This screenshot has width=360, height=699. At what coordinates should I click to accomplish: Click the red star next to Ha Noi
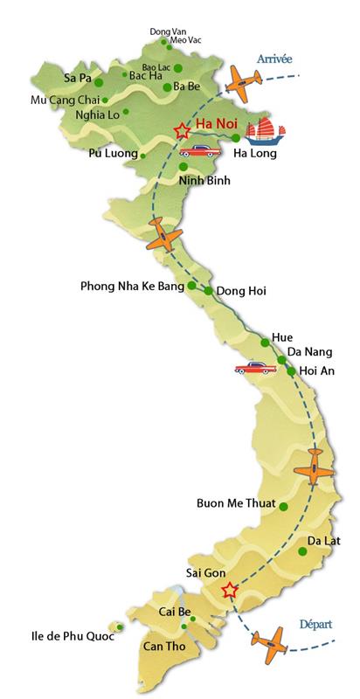pos(182,130)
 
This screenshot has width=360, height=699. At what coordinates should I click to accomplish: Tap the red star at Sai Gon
pos(229,591)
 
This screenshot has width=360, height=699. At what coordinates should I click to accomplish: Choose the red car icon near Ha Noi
pos(200,149)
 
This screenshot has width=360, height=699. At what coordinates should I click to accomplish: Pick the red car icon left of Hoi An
pos(253,367)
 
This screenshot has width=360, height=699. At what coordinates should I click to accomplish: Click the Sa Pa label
pos(79,78)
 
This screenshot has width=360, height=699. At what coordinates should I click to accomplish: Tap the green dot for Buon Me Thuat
pos(283,504)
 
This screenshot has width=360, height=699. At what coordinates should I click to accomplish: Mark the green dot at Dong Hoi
pos(209,291)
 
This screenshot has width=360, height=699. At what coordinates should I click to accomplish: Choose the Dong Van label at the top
pos(165,31)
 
